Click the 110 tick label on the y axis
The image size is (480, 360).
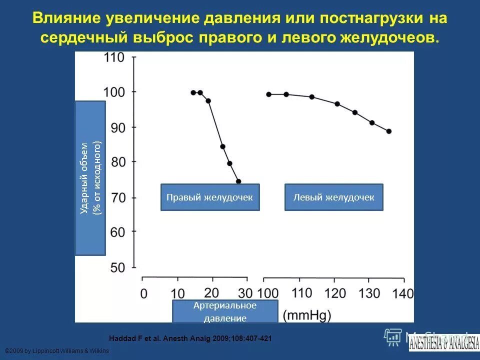click(113, 57)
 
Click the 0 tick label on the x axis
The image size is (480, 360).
click(143, 293)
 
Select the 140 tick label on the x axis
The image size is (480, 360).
click(403, 293)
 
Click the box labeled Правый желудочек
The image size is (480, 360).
click(210, 197)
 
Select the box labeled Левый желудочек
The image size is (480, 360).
click(333, 197)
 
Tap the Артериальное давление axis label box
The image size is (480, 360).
click(225, 311)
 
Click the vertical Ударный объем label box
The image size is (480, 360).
click(90, 178)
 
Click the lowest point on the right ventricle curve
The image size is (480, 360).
click(238, 181)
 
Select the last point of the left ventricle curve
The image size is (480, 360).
click(389, 131)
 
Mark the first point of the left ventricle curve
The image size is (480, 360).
click(268, 94)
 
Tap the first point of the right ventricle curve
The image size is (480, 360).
click(193, 92)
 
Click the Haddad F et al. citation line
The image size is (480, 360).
click(190, 338)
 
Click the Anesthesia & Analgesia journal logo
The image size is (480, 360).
click(443, 342)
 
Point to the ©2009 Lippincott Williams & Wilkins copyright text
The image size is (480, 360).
click(56, 351)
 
